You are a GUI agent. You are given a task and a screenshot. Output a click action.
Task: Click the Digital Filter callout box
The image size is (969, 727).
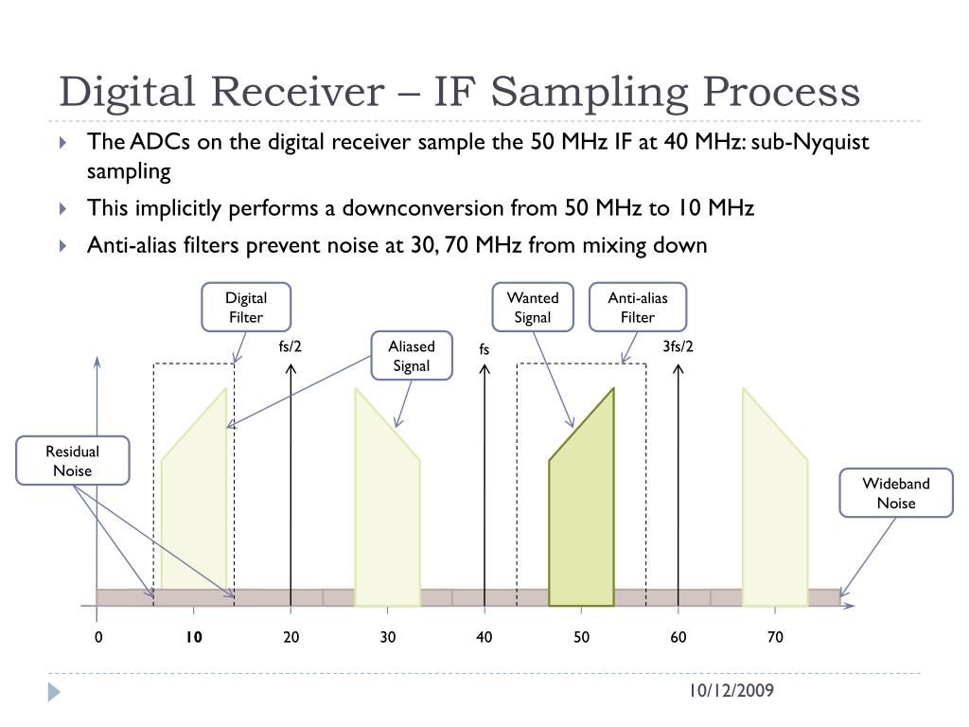tap(246, 308)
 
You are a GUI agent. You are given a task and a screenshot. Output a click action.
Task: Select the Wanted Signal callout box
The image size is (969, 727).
tap(533, 308)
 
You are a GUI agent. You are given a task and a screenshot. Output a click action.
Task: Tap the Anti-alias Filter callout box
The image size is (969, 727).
tap(637, 308)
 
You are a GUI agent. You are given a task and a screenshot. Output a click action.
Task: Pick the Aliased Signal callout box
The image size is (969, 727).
tap(411, 356)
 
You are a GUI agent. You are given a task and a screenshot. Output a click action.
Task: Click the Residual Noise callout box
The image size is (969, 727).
tap(72, 461)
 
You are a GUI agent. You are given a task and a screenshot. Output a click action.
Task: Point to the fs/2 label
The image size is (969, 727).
tap(291, 346)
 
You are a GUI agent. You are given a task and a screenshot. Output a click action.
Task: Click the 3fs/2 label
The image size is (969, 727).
tap(678, 346)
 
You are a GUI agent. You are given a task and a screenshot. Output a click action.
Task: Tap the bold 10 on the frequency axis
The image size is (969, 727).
tap(194, 637)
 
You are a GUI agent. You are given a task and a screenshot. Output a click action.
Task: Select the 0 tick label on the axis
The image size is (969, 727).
tap(97, 637)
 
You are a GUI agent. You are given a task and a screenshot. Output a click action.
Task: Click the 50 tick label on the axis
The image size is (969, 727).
tap(581, 637)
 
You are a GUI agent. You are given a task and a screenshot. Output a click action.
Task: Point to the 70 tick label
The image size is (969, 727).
tap(775, 637)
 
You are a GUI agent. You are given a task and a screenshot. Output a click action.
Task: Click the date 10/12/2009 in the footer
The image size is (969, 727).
tap(731, 691)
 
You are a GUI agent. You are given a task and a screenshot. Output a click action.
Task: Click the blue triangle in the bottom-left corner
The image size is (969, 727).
tap(54, 692)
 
